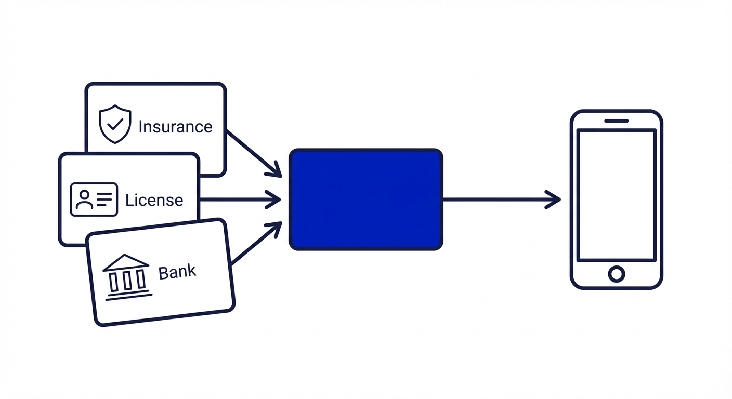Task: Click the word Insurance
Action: pyautogui.click(x=175, y=127)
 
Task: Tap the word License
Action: pyautogui.click(x=154, y=200)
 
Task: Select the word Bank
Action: pyautogui.click(x=177, y=272)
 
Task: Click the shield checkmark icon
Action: pyautogui.click(x=115, y=124)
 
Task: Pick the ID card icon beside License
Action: pyautogui.click(x=94, y=199)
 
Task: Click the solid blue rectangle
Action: pyautogui.click(x=365, y=199)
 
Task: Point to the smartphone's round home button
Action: pyautogui.click(x=616, y=274)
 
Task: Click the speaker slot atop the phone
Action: pyautogui.click(x=616, y=121)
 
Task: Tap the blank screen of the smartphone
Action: pyautogui.click(x=616, y=195)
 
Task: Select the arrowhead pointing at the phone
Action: pyautogui.click(x=554, y=199)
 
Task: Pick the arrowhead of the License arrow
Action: pyautogui.click(x=274, y=199)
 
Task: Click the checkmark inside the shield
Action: pyautogui.click(x=115, y=124)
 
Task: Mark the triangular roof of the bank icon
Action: pyautogui.click(x=125, y=262)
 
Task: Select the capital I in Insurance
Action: pyautogui.click(x=141, y=127)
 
